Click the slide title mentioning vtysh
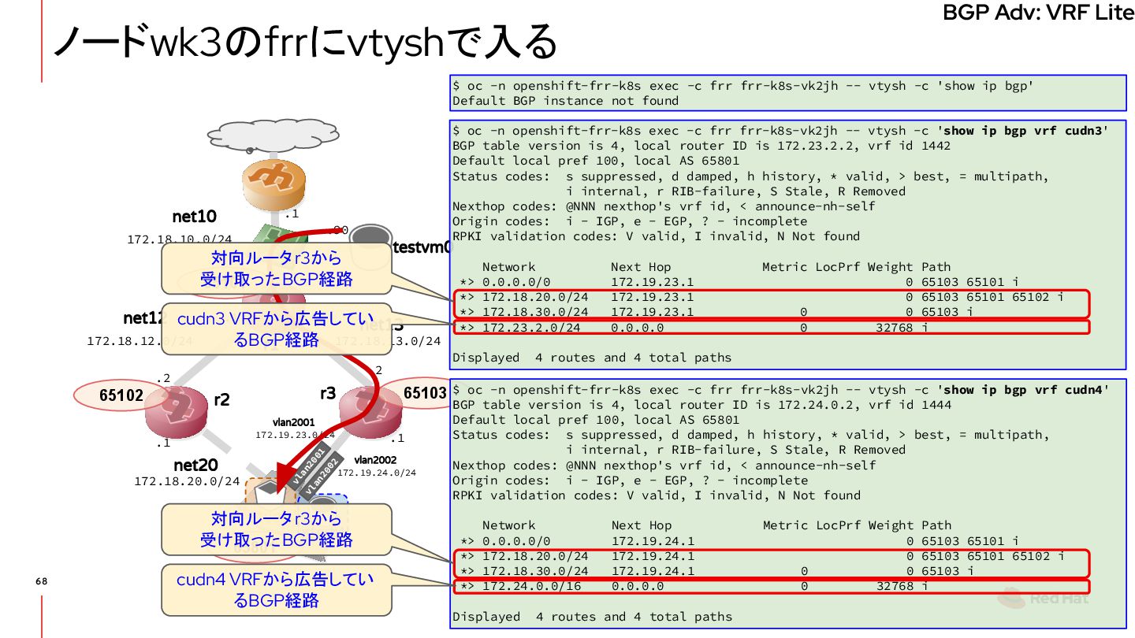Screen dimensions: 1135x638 [304, 43]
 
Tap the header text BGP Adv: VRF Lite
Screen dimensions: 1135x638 [1038, 13]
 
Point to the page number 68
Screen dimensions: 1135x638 [41, 581]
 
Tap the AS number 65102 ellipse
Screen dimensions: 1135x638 [121, 395]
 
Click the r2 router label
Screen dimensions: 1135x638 [221, 399]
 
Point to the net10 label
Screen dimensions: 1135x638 [194, 217]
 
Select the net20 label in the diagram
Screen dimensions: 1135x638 [195, 466]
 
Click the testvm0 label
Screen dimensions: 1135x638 [422, 247]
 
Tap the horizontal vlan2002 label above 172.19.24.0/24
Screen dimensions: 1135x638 [375, 460]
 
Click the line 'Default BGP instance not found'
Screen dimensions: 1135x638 [565, 101]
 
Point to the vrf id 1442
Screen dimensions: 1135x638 [936, 146]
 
